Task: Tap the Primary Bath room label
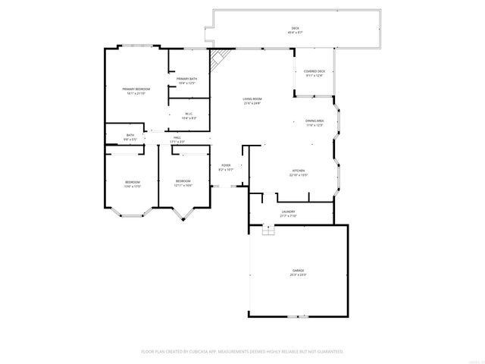(x=186, y=79)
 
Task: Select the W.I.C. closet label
(x=189, y=115)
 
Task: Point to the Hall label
(x=177, y=137)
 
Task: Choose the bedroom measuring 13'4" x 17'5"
(x=133, y=182)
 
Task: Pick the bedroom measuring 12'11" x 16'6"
(x=183, y=181)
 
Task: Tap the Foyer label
(x=226, y=166)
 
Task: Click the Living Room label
(x=252, y=99)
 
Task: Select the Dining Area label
(x=314, y=121)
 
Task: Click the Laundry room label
(x=288, y=212)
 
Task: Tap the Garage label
(x=299, y=271)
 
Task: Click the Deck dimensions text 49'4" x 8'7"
(x=295, y=33)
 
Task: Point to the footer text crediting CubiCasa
(x=242, y=351)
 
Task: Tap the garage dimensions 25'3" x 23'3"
(x=299, y=275)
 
